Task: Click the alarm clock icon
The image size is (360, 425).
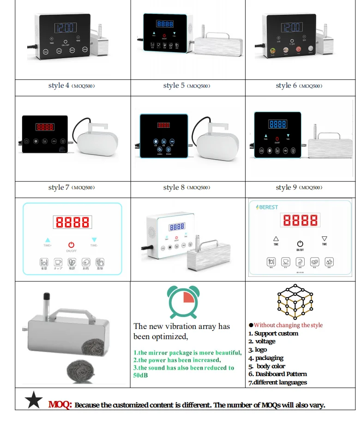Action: (184, 300)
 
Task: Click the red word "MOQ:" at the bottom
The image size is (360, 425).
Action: (60, 405)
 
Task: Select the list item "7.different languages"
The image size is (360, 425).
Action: (277, 382)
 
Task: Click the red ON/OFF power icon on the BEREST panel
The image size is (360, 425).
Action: (300, 243)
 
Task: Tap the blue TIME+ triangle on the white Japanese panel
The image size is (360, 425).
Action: (48, 239)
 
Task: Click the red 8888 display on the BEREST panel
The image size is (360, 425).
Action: (300, 220)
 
